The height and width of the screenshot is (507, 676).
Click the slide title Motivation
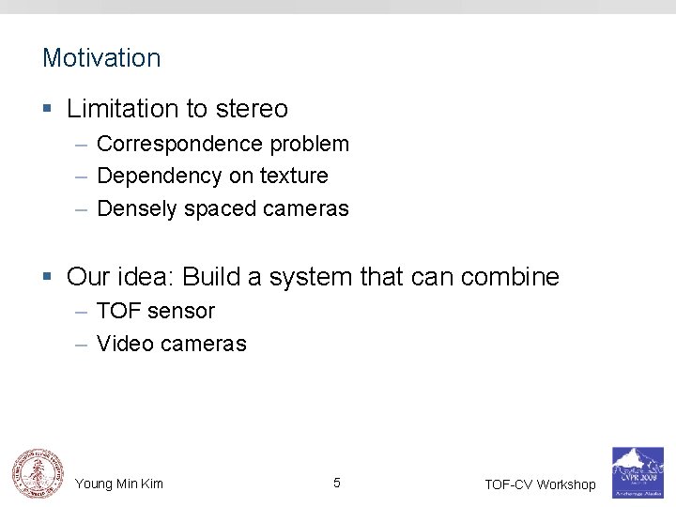click(101, 58)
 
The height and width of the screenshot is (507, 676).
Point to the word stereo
click(252, 109)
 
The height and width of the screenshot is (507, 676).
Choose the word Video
click(125, 344)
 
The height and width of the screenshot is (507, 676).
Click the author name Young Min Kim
click(119, 484)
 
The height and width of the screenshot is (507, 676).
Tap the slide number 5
click(336, 484)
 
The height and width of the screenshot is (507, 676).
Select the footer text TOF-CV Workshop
click(540, 484)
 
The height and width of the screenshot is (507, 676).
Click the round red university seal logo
click(35, 472)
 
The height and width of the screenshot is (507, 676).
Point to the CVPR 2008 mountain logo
click(637, 471)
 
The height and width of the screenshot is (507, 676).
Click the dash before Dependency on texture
click(82, 177)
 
